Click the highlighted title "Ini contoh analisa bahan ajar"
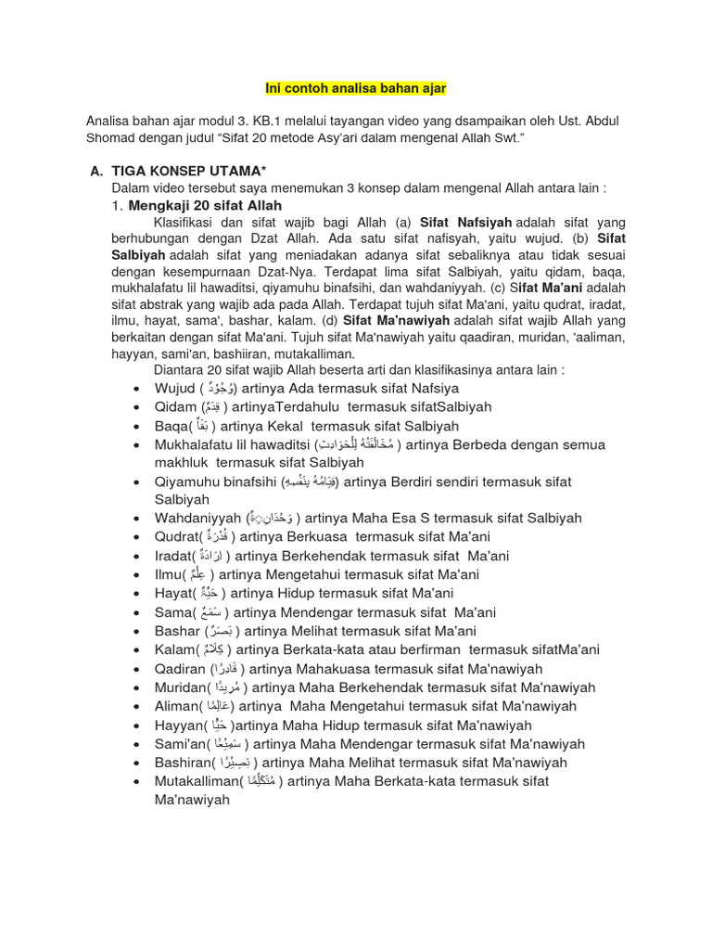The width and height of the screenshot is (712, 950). pos(356,88)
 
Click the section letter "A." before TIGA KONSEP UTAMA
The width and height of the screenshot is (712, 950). pos(96,172)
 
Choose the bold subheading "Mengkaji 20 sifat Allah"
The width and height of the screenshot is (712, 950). pos(204,205)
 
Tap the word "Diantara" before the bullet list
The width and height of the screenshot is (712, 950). pos(182,370)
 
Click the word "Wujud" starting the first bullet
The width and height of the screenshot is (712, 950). pos(175,388)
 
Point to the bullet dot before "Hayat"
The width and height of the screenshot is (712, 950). pos(136,594)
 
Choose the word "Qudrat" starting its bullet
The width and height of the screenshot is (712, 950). pos(176,537)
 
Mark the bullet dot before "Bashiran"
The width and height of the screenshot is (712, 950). pos(136,763)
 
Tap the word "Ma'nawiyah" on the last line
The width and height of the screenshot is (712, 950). pos(192,800)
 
